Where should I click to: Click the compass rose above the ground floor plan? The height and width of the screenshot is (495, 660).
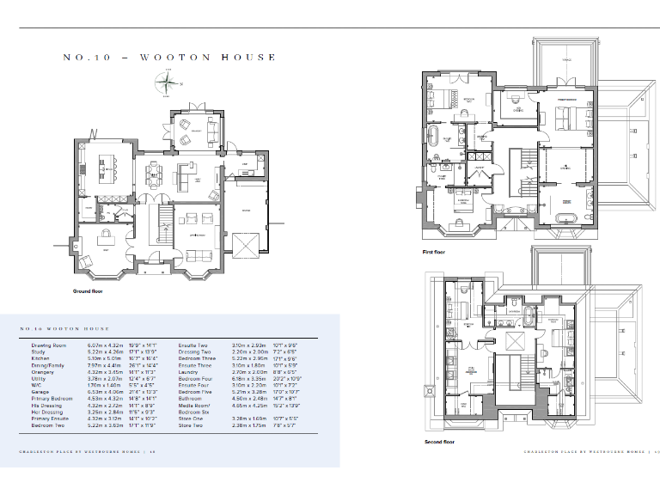click(163, 83)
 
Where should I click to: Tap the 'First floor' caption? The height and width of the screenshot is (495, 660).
click(434, 253)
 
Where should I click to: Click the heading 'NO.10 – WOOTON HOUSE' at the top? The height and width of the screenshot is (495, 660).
click(169, 58)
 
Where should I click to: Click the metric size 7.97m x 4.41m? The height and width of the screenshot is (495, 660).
click(99, 364)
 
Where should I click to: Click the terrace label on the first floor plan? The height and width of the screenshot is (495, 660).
click(566, 60)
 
